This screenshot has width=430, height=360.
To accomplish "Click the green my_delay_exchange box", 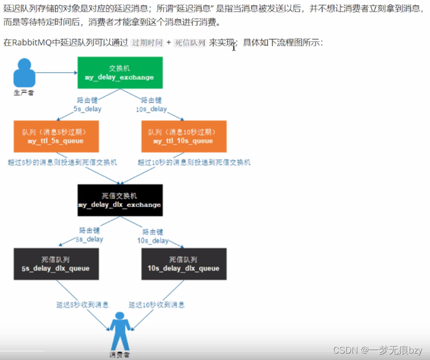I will [120, 73].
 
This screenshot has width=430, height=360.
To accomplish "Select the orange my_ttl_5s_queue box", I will [56, 136].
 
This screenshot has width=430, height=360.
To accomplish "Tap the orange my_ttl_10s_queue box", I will [183, 136].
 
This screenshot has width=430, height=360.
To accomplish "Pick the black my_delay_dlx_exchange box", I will [120, 200].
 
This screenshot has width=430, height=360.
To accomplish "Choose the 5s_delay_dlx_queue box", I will [56, 264].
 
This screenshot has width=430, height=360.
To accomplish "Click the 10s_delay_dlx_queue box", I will [183, 264].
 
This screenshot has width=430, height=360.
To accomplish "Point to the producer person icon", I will [24, 73].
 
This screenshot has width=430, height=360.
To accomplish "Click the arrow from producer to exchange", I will [56, 73].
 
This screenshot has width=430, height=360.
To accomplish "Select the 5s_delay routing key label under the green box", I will [87, 105].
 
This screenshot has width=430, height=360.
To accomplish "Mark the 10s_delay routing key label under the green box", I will [151, 105].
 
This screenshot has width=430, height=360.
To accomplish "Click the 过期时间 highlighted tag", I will [147, 43].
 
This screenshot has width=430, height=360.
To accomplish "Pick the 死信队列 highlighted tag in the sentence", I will [190, 43].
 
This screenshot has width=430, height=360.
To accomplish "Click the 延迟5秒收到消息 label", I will [83, 304].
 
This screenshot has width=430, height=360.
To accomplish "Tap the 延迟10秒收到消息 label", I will [157, 304].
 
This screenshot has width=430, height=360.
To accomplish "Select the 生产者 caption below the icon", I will [24, 93].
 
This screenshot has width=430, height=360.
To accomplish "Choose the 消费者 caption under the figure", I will [119, 355].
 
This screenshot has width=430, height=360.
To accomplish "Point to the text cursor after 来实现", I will [234, 47].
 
